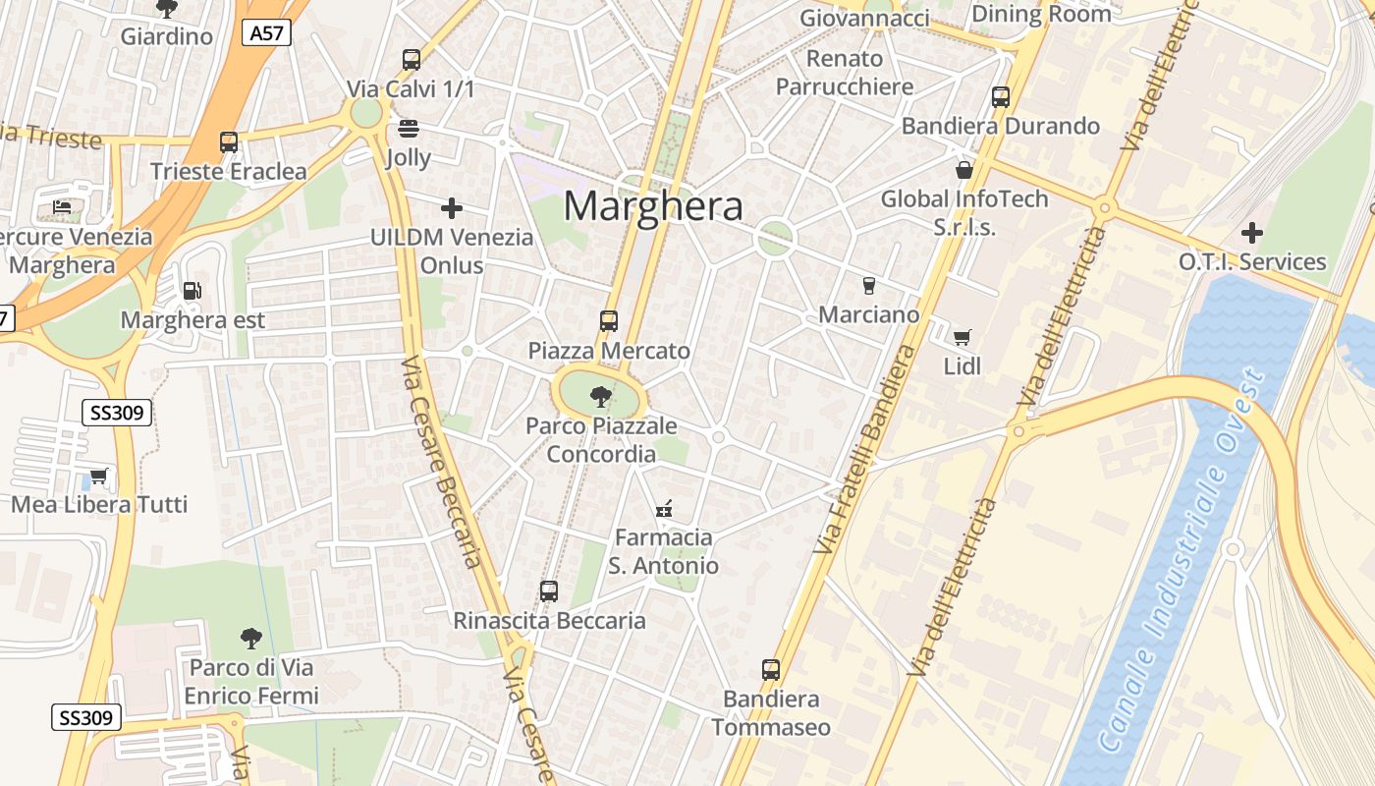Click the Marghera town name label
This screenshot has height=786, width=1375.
pos(653,206)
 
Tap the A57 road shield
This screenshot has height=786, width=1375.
pos(266,32)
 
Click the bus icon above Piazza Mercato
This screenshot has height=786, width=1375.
pos(609,320)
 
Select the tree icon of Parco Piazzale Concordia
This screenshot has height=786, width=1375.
pos(600,397)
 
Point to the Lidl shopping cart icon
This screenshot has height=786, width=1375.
pos(962,337)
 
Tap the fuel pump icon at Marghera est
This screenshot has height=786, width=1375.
pos(192,290)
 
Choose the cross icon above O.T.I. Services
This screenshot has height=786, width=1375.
pos(1251,233)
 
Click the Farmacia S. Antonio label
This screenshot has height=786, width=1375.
pos(663,551)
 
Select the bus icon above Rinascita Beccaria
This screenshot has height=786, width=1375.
pos(549,591)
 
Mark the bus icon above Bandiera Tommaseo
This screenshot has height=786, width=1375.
pos(771,670)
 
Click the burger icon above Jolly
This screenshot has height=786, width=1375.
pos(409,129)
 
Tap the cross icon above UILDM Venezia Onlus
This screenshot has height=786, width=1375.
pos(452,208)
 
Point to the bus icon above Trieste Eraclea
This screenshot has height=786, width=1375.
pos(229,142)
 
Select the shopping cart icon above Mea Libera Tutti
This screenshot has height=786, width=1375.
pos(98,477)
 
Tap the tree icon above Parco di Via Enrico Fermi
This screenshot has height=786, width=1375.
pos(251,639)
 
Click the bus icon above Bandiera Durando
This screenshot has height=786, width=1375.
pos(1001,97)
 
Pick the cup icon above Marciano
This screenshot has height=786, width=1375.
pos(868,286)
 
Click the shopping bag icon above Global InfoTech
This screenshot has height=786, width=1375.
pos(964,170)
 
